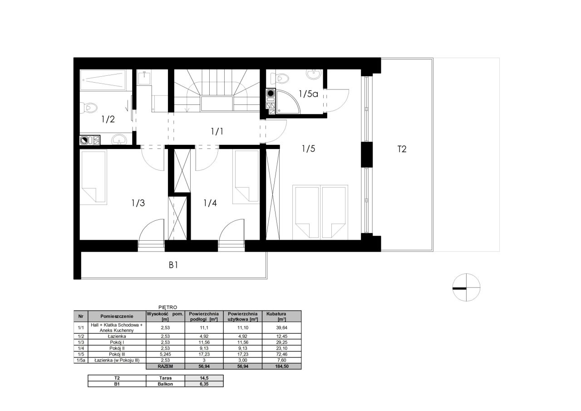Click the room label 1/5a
coord(308,94)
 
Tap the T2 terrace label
coord(402,149)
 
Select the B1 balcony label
coord(173,265)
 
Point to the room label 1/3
coord(138,203)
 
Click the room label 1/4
coord(210,203)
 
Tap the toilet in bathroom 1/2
coord(89,108)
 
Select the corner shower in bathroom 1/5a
coord(288,102)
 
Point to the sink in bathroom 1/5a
coord(314,74)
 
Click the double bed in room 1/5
coord(320,212)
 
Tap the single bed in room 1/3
coord(94,177)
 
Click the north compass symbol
coord(466,287)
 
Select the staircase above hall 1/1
coord(217,91)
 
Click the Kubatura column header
coord(281,316)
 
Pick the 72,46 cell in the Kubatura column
coord(282,354)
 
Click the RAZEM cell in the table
coord(165,366)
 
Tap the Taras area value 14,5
coord(204,378)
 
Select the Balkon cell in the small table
coord(165,384)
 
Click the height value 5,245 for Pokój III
coord(165,354)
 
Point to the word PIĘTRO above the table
coord(168,307)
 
